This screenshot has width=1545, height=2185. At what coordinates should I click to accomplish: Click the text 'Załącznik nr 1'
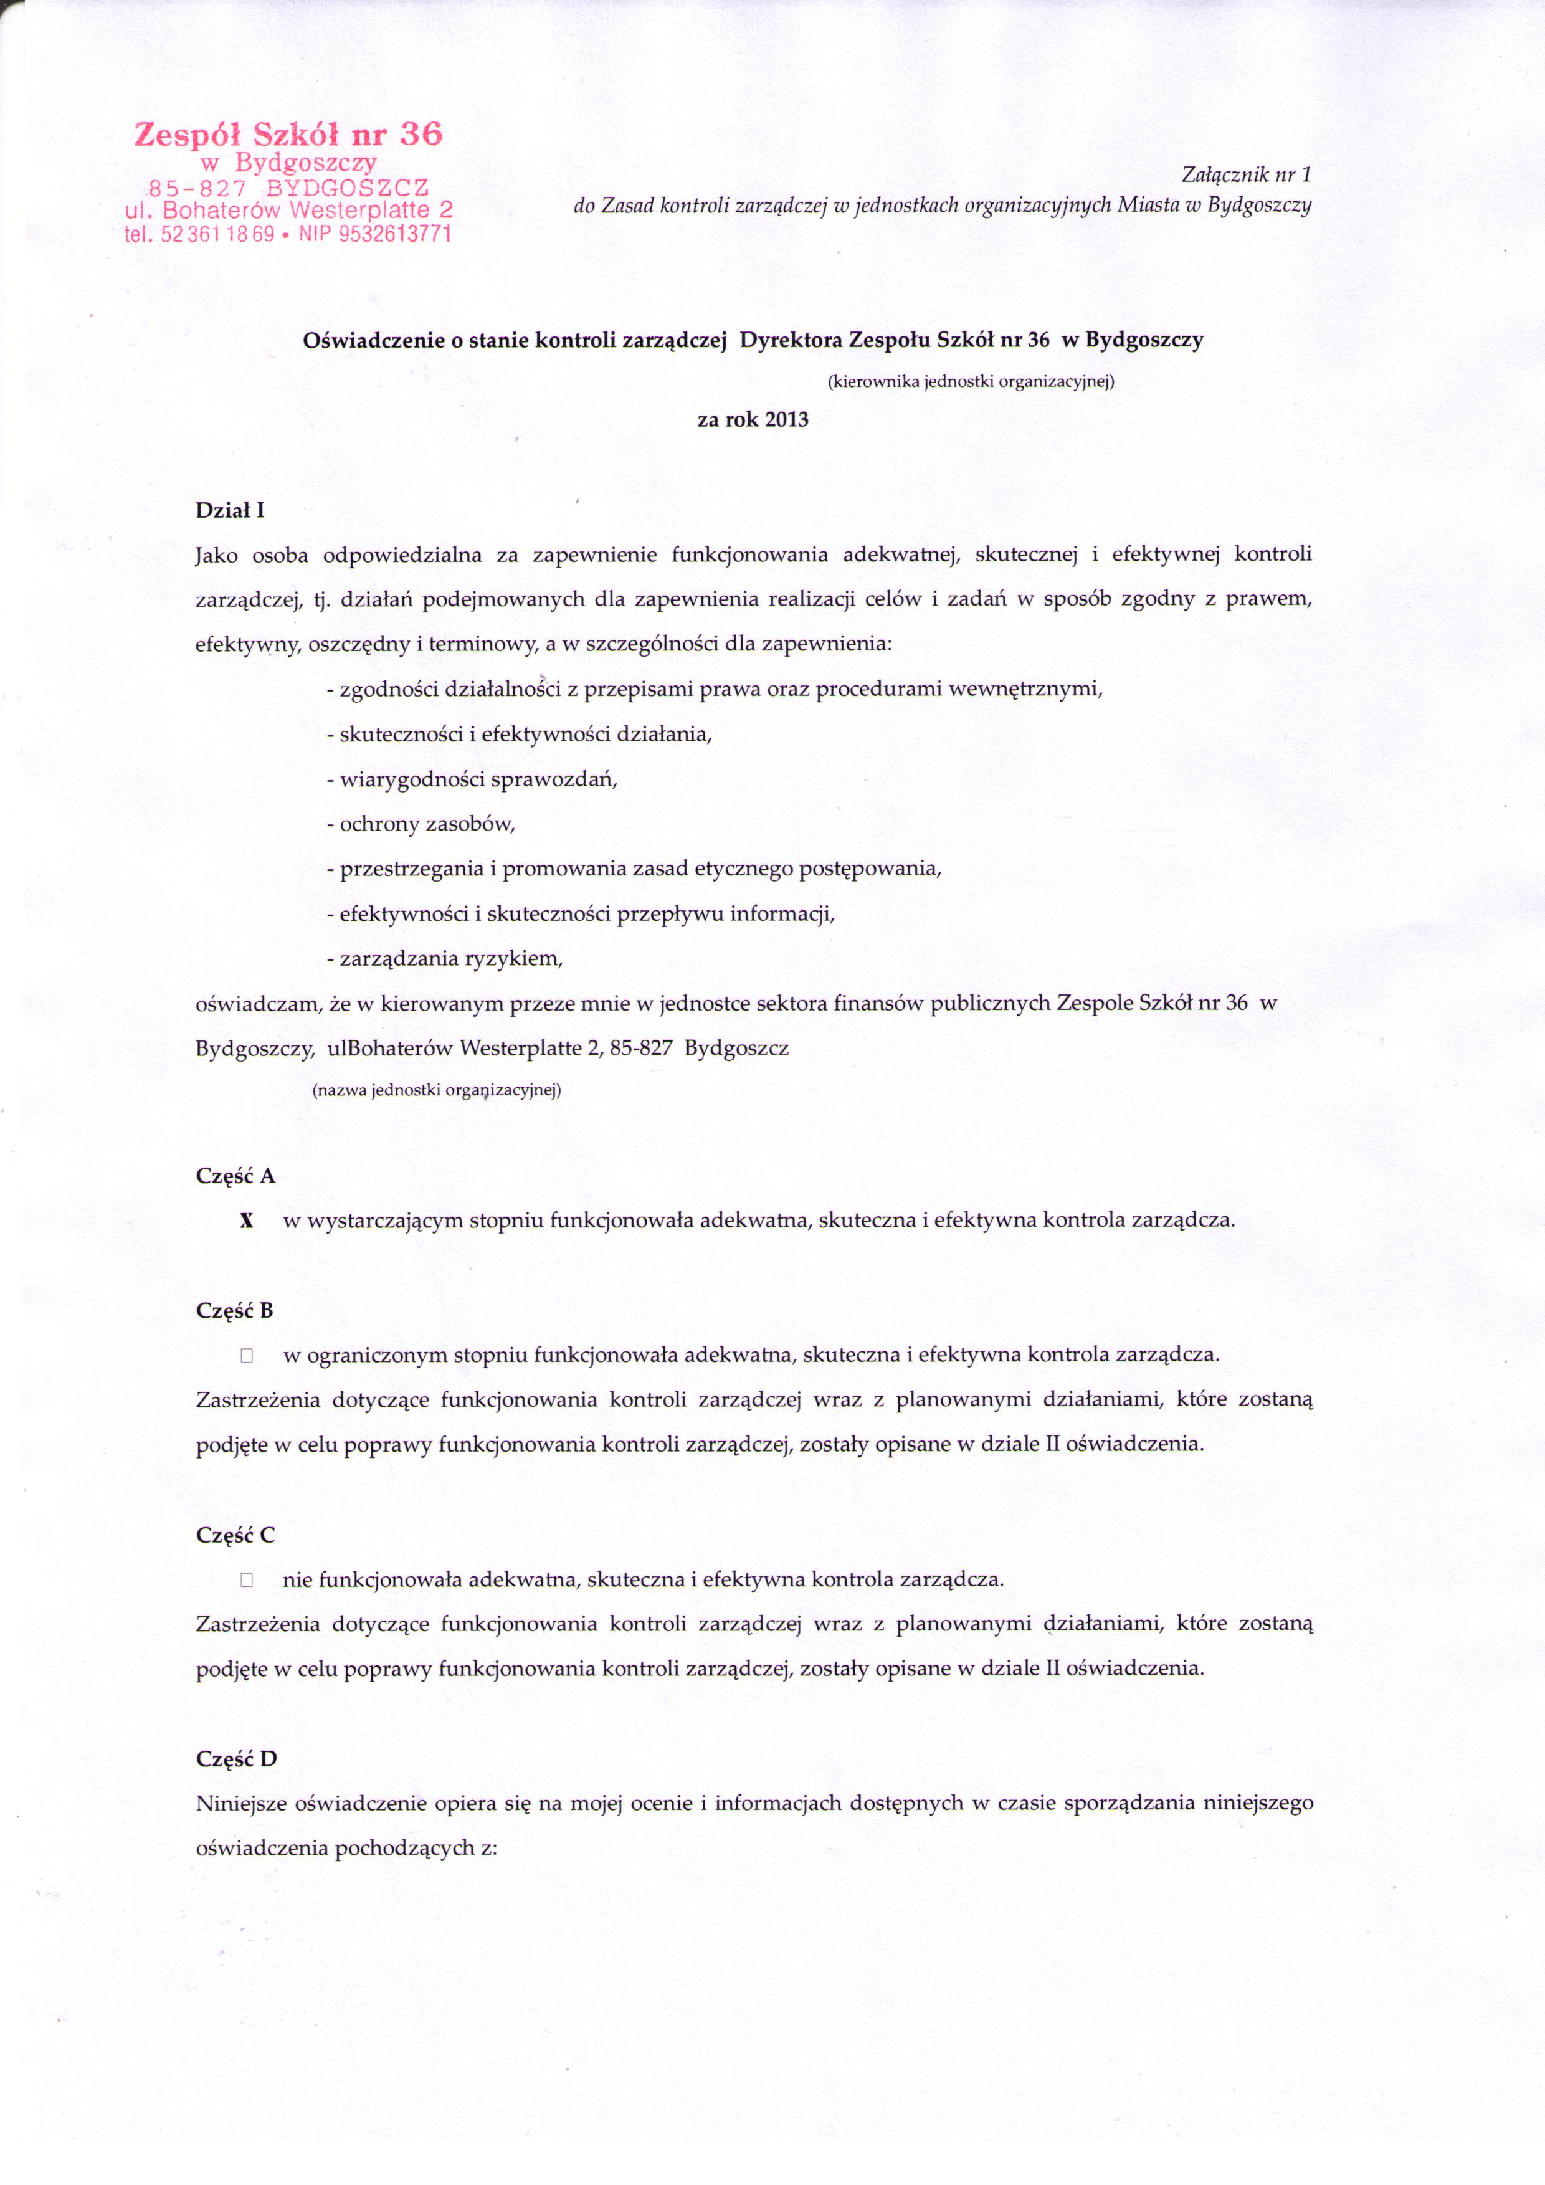(1245, 175)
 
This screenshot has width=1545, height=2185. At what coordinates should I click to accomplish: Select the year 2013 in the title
(786, 420)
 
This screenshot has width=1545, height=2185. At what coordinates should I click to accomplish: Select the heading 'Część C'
(235, 1536)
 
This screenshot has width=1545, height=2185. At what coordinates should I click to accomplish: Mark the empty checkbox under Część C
(247, 1581)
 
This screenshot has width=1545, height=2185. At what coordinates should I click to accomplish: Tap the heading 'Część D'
(236, 1759)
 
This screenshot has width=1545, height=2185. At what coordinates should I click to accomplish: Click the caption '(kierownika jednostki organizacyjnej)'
(971, 383)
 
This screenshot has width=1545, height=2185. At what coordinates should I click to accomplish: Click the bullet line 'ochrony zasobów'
(426, 824)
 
